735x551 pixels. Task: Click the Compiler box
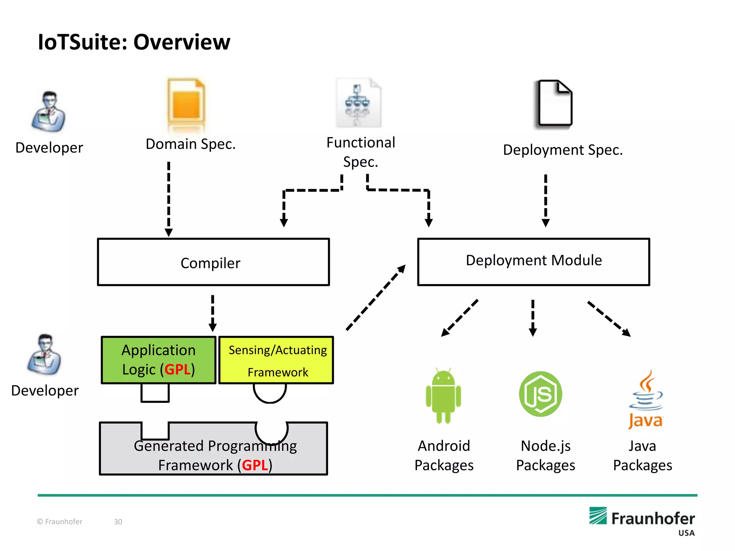click(x=213, y=262)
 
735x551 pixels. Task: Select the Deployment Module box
click(x=533, y=262)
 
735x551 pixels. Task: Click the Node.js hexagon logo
click(x=540, y=394)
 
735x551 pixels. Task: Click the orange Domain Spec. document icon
click(x=186, y=103)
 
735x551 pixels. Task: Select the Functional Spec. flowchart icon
click(x=358, y=103)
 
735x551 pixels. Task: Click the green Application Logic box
click(x=159, y=360)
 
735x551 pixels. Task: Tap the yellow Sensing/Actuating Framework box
click(x=276, y=360)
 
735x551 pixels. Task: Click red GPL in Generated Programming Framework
click(x=255, y=465)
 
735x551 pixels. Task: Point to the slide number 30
click(x=118, y=522)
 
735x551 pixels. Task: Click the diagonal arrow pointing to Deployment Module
click(x=375, y=297)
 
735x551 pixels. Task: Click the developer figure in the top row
click(x=49, y=111)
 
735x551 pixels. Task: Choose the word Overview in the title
click(x=182, y=42)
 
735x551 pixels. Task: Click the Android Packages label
click(x=444, y=455)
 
